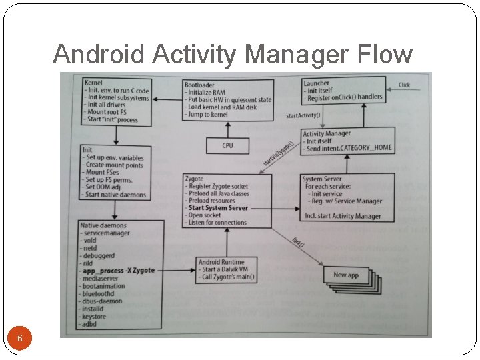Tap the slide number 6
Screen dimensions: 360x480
pos(20,339)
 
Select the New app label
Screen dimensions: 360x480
pos(345,275)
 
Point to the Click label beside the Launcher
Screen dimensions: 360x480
pos(404,85)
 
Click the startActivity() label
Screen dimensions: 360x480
pos(303,115)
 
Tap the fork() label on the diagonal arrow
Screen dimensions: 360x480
pos(298,242)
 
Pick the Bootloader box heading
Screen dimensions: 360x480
pos(200,85)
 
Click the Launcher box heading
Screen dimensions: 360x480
pos(317,83)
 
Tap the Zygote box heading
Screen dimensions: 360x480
pos(195,179)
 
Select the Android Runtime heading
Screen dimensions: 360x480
pos(221,262)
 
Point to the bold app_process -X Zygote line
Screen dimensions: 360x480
pos(119,271)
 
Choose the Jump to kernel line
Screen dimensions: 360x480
pos(208,115)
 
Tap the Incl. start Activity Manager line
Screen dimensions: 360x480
pos(342,215)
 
